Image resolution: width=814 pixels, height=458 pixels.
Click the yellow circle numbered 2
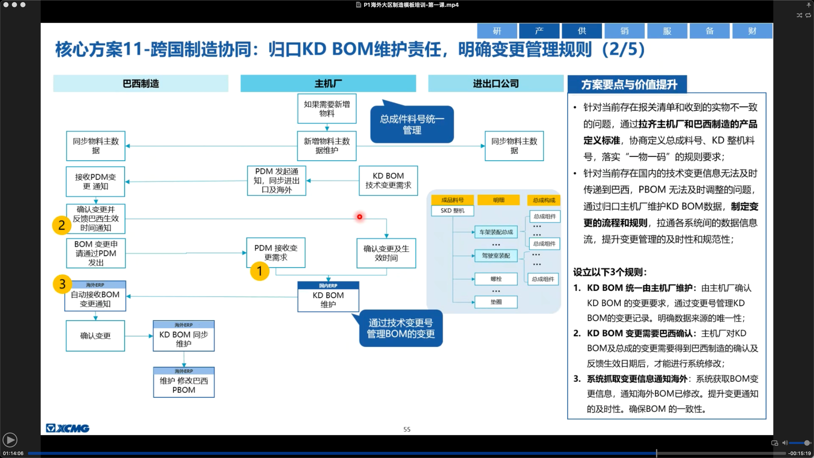pos(62,225)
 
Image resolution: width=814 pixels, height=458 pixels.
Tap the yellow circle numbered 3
pos(62,284)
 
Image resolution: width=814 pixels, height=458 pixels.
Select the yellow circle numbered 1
pos(259,271)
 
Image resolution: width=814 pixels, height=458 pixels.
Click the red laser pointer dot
pos(360,216)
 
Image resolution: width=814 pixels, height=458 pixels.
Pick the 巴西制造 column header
pos(141,84)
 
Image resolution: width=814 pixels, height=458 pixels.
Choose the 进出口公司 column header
pos(495,84)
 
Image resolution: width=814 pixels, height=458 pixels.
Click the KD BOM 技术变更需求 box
pos(388,180)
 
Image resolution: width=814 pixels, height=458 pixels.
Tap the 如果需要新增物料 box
pos(327,108)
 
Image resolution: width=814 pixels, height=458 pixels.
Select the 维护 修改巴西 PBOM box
pos(184,382)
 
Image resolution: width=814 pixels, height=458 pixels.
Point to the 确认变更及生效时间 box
pos(386,253)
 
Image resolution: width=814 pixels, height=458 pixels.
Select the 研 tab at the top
pos(497,31)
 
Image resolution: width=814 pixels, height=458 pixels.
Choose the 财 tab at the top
pos(752,31)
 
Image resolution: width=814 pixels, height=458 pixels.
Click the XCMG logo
pos(68,428)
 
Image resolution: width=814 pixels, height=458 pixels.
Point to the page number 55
pos(407,429)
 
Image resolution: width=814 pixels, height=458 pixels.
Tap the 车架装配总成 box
pos(496,232)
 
